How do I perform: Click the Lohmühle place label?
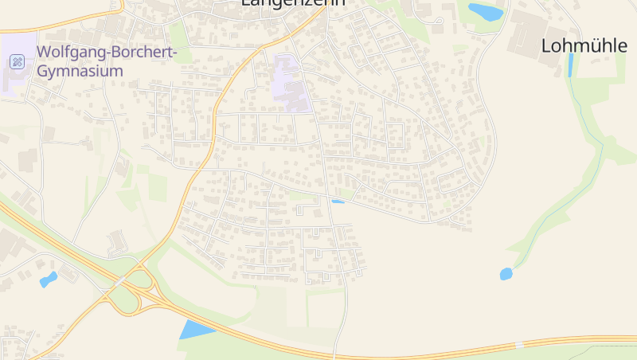(x=584, y=45)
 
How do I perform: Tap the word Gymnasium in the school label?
(x=80, y=71)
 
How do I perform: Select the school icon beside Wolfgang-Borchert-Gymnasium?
(x=18, y=62)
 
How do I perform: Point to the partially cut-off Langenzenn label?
(x=293, y=3)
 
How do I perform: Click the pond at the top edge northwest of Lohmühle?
(x=485, y=12)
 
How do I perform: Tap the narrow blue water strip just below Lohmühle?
(x=570, y=65)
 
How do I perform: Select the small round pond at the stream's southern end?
(x=506, y=274)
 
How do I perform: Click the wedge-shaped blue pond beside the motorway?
(x=194, y=329)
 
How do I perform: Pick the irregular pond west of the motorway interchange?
(x=49, y=279)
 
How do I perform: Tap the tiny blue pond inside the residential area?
(x=338, y=202)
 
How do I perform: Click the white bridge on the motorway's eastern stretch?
(x=519, y=345)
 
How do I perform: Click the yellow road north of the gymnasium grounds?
(x=64, y=21)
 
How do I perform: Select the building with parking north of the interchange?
(x=116, y=241)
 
